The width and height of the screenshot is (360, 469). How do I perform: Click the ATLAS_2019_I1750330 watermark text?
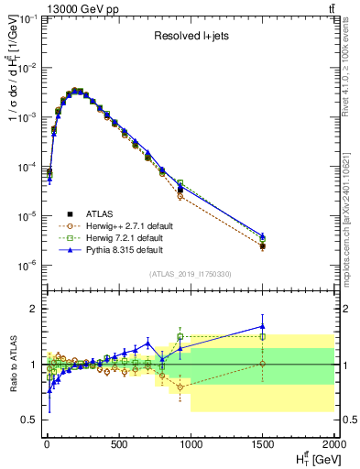(189, 274)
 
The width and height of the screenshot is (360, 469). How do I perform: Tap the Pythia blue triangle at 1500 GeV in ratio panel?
(263, 326)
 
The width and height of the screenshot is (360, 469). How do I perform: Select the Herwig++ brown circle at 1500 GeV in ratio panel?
(263, 364)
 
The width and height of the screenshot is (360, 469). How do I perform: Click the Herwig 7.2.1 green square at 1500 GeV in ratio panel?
(263, 336)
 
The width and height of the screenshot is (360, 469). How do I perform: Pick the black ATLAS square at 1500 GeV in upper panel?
(263, 246)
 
